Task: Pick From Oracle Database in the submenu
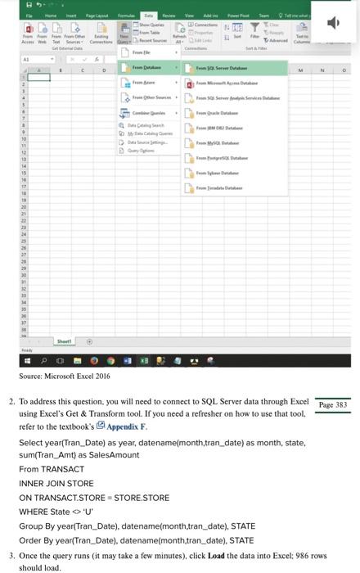coord(217,113)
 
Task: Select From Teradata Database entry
coord(218,188)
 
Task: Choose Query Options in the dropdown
coord(146,150)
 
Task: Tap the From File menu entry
coord(142,52)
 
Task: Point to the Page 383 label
coord(332,405)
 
